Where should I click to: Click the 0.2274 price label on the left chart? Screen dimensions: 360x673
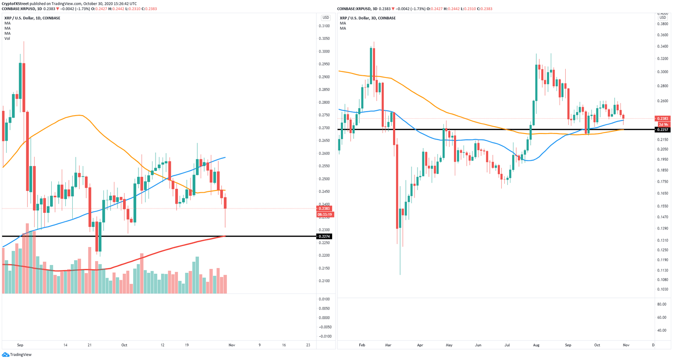pos(325,236)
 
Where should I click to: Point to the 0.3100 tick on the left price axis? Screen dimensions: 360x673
pos(324,26)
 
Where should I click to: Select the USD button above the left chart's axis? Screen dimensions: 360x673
pos(326,18)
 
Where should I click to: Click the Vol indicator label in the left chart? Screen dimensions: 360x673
pos(7,39)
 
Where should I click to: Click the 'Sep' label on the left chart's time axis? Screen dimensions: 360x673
pos(20,345)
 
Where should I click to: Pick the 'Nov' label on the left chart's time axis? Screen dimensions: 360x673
pos(232,345)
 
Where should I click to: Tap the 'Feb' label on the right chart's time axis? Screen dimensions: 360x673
pos(362,345)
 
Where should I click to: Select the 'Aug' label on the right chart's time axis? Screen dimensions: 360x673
pos(536,345)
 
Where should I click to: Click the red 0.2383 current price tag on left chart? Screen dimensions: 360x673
pos(325,209)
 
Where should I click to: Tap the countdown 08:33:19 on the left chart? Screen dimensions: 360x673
pos(325,215)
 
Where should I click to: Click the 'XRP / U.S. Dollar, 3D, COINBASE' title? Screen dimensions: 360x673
pos(368,18)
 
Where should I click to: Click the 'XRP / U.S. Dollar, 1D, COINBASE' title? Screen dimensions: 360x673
pos(32,18)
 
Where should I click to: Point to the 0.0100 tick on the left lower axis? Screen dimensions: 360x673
pos(325,299)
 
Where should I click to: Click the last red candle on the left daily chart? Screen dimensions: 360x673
pos(225,203)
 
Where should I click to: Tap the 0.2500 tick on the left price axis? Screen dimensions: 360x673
pos(324,179)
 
